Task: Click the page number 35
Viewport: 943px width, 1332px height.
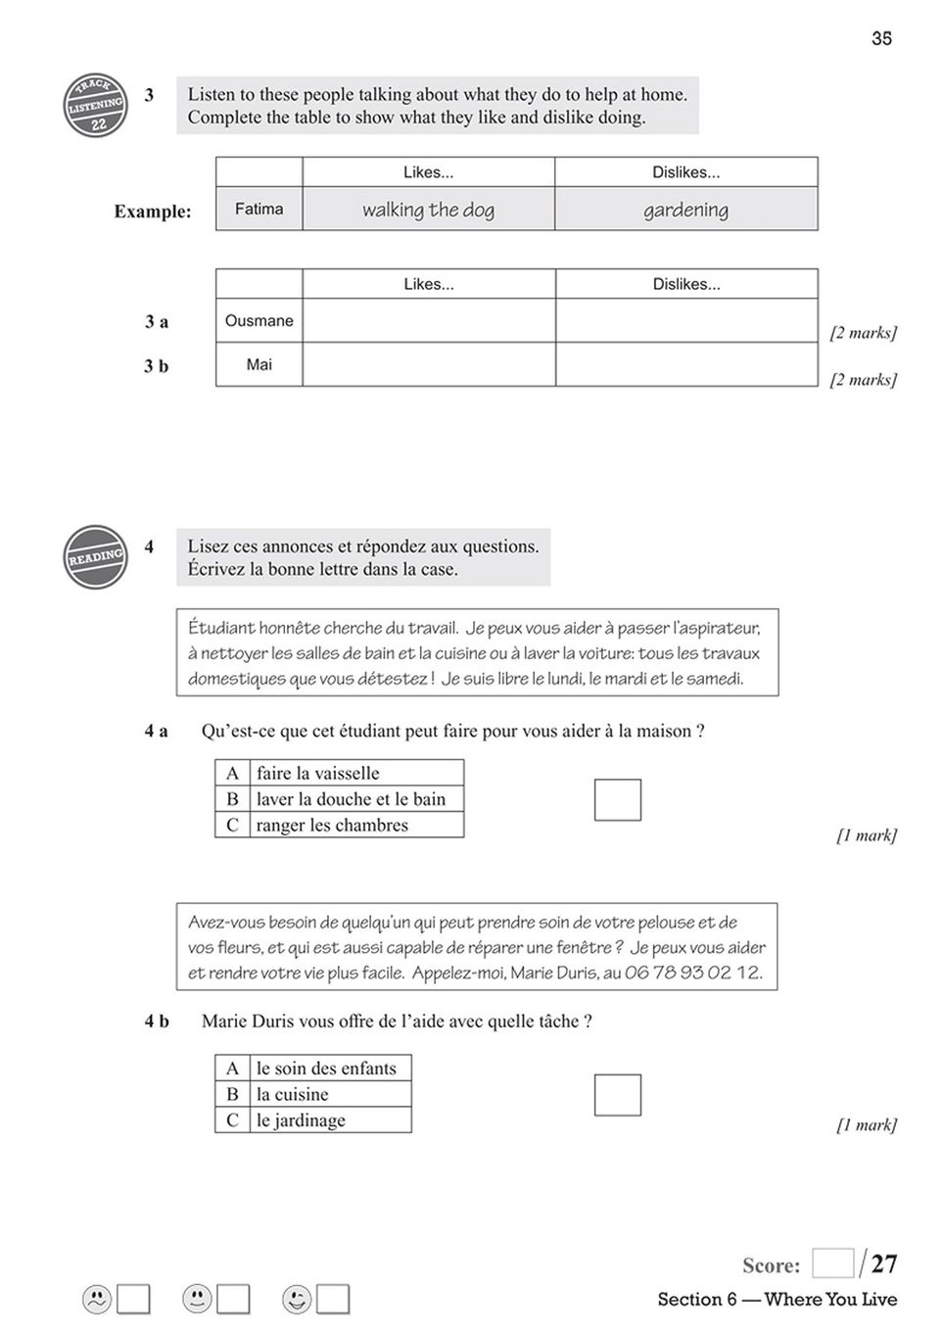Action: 881,38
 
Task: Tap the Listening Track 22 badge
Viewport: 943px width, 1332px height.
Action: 96,106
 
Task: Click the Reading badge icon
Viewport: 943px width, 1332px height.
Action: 95,557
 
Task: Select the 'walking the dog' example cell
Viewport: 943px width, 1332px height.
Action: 428,210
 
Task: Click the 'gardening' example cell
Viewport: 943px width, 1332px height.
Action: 685,210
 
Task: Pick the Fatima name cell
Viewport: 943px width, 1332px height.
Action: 259,209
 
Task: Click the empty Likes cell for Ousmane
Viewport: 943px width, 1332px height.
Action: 428,320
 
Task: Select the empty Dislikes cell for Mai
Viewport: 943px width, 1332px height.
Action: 685,364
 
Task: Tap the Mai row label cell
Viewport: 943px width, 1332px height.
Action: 259,364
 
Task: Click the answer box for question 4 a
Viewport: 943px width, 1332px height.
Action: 617,800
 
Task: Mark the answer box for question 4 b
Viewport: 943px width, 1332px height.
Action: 617,1095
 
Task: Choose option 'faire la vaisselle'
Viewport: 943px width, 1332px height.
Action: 317,773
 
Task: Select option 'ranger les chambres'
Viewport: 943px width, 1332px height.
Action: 332,825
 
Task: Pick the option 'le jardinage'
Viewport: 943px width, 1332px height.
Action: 301,1120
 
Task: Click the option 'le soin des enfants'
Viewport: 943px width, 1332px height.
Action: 326,1068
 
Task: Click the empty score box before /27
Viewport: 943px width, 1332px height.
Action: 832,1263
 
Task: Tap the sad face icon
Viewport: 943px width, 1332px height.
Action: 96,1299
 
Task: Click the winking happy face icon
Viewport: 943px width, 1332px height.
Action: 297,1299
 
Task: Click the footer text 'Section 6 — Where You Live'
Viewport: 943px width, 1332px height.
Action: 777,1300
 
